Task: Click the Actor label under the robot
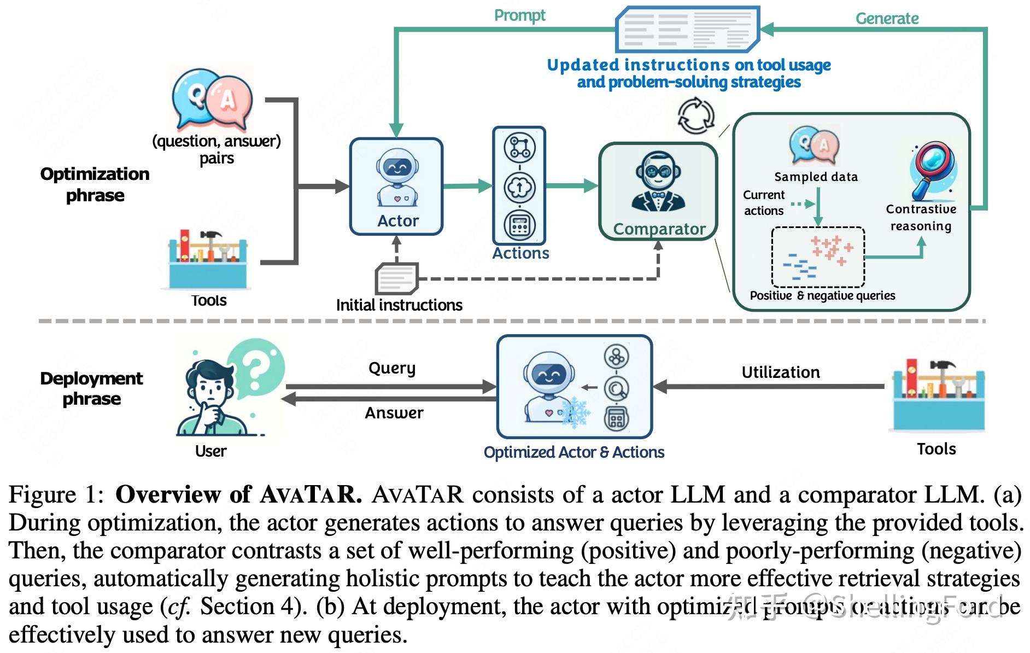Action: point(397,221)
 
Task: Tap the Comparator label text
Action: point(659,229)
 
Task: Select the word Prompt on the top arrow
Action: point(519,15)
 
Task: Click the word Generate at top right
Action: point(886,19)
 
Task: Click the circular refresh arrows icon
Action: point(696,116)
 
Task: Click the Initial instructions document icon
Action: point(396,278)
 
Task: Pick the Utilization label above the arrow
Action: point(780,372)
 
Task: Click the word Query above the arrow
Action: point(391,368)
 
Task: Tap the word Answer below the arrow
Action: point(394,413)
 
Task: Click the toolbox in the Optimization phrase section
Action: point(207,259)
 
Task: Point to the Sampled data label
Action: point(816,177)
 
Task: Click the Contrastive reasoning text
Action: point(921,218)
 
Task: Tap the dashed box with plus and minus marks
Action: point(817,257)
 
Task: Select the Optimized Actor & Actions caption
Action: point(573,452)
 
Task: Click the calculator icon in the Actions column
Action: point(519,225)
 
